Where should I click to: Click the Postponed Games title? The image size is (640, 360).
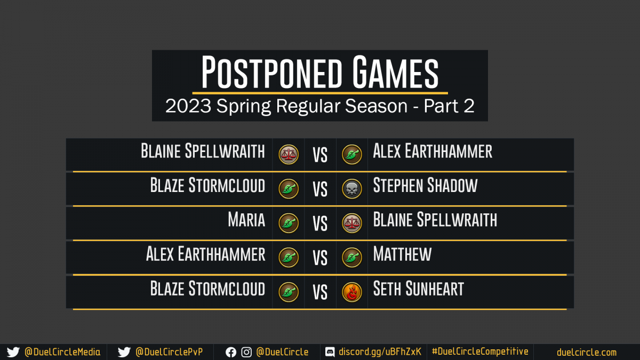coord(320,72)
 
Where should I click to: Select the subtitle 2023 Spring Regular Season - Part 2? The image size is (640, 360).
coord(320,106)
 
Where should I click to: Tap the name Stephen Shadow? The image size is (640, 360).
coord(425,185)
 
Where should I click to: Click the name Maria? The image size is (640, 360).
coord(246,220)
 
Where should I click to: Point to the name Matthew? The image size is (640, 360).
coord(402,254)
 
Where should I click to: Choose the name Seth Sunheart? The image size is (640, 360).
coord(419,289)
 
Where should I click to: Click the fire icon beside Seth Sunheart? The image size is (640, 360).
coord(351,292)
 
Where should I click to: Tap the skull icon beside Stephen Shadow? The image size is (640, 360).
coord(351,189)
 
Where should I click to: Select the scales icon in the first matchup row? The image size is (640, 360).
coord(289,154)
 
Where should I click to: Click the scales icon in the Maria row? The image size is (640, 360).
coord(351,223)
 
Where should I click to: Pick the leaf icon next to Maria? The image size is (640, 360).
coord(289,223)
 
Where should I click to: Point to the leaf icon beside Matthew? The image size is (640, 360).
coord(351,258)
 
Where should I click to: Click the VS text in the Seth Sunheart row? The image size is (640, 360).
coord(320,292)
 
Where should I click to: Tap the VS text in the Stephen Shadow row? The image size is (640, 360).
coord(320,189)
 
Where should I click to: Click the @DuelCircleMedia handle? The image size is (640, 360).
coord(62,352)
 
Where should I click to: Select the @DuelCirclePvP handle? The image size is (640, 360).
coord(169,352)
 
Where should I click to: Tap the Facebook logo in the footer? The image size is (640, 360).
coord(231,353)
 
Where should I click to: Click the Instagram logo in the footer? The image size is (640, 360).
coord(246,353)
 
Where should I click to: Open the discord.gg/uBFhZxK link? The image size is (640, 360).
coord(380,351)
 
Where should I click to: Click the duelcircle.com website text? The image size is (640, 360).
coord(587,353)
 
